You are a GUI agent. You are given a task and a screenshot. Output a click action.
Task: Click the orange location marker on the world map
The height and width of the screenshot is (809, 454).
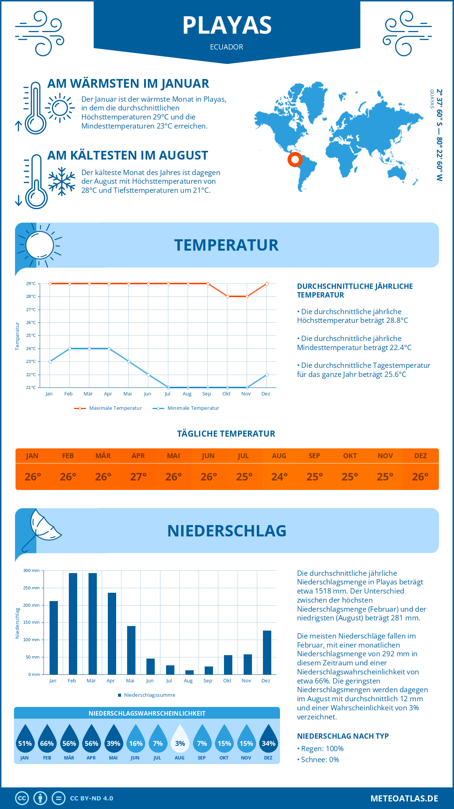click(x=295, y=159)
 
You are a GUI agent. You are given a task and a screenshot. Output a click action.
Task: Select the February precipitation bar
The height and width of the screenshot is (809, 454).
click(x=73, y=624)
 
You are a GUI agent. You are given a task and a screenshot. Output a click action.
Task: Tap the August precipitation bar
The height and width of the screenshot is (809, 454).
click(x=190, y=672)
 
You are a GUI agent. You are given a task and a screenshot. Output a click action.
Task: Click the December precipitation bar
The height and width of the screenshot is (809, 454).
click(x=267, y=652)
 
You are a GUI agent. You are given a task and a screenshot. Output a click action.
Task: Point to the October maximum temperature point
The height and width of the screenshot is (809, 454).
click(x=227, y=296)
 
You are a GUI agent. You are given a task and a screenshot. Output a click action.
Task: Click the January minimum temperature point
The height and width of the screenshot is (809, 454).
click(x=50, y=361)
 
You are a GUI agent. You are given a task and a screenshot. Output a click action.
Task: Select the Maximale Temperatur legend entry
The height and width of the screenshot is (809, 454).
click(x=108, y=408)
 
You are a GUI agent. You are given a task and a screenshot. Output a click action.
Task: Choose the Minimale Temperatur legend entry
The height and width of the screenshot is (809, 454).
click(x=186, y=408)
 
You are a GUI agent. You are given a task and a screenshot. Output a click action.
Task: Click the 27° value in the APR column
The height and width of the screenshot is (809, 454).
click(x=138, y=477)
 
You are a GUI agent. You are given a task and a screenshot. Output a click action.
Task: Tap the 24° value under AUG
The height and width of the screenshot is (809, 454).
click(x=279, y=477)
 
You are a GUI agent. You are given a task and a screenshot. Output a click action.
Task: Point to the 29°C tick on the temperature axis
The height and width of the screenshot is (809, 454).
click(x=31, y=284)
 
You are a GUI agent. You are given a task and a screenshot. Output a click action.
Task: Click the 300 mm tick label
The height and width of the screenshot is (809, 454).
click(x=31, y=570)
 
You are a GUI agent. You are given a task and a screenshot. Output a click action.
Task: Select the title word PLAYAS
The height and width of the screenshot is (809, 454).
click(x=227, y=25)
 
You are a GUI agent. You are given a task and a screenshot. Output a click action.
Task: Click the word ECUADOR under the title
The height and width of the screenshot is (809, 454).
click(x=227, y=47)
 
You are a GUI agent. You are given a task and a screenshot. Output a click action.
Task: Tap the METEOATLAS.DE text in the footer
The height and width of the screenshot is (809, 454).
click(x=404, y=798)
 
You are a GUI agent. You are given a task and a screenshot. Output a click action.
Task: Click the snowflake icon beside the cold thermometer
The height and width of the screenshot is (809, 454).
click(x=62, y=181)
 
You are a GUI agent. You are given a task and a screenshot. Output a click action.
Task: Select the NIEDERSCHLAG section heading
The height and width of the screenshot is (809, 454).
click(x=227, y=531)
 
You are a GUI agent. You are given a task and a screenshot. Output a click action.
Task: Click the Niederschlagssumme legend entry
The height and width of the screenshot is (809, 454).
click(x=147, y=695)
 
